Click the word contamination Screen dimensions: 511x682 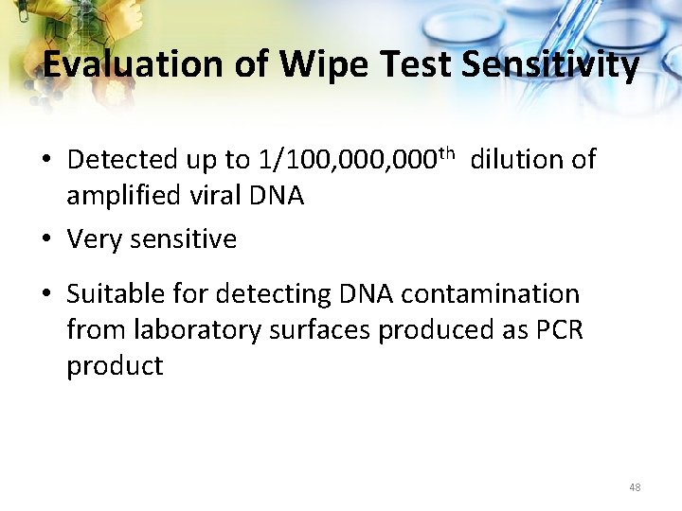(x=490, y=294)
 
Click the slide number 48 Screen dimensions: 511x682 (x=634, y=487)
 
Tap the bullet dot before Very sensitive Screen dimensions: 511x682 (x=47, y=239)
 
